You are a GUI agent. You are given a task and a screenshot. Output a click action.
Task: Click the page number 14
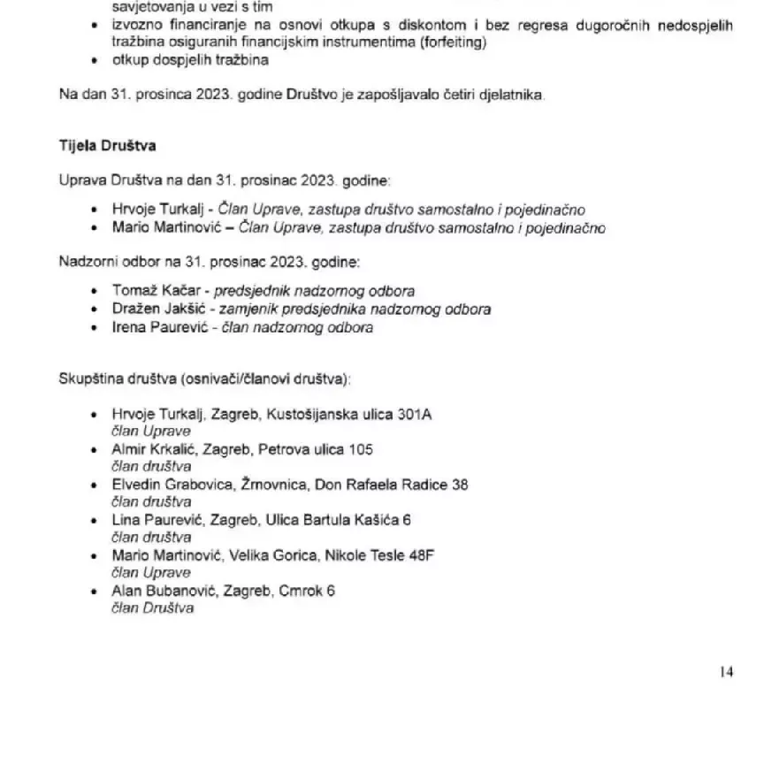click(726, 672)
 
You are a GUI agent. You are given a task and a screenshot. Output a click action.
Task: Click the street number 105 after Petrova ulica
click(361, 449)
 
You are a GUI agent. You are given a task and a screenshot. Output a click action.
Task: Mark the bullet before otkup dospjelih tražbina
click(95, 61)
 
